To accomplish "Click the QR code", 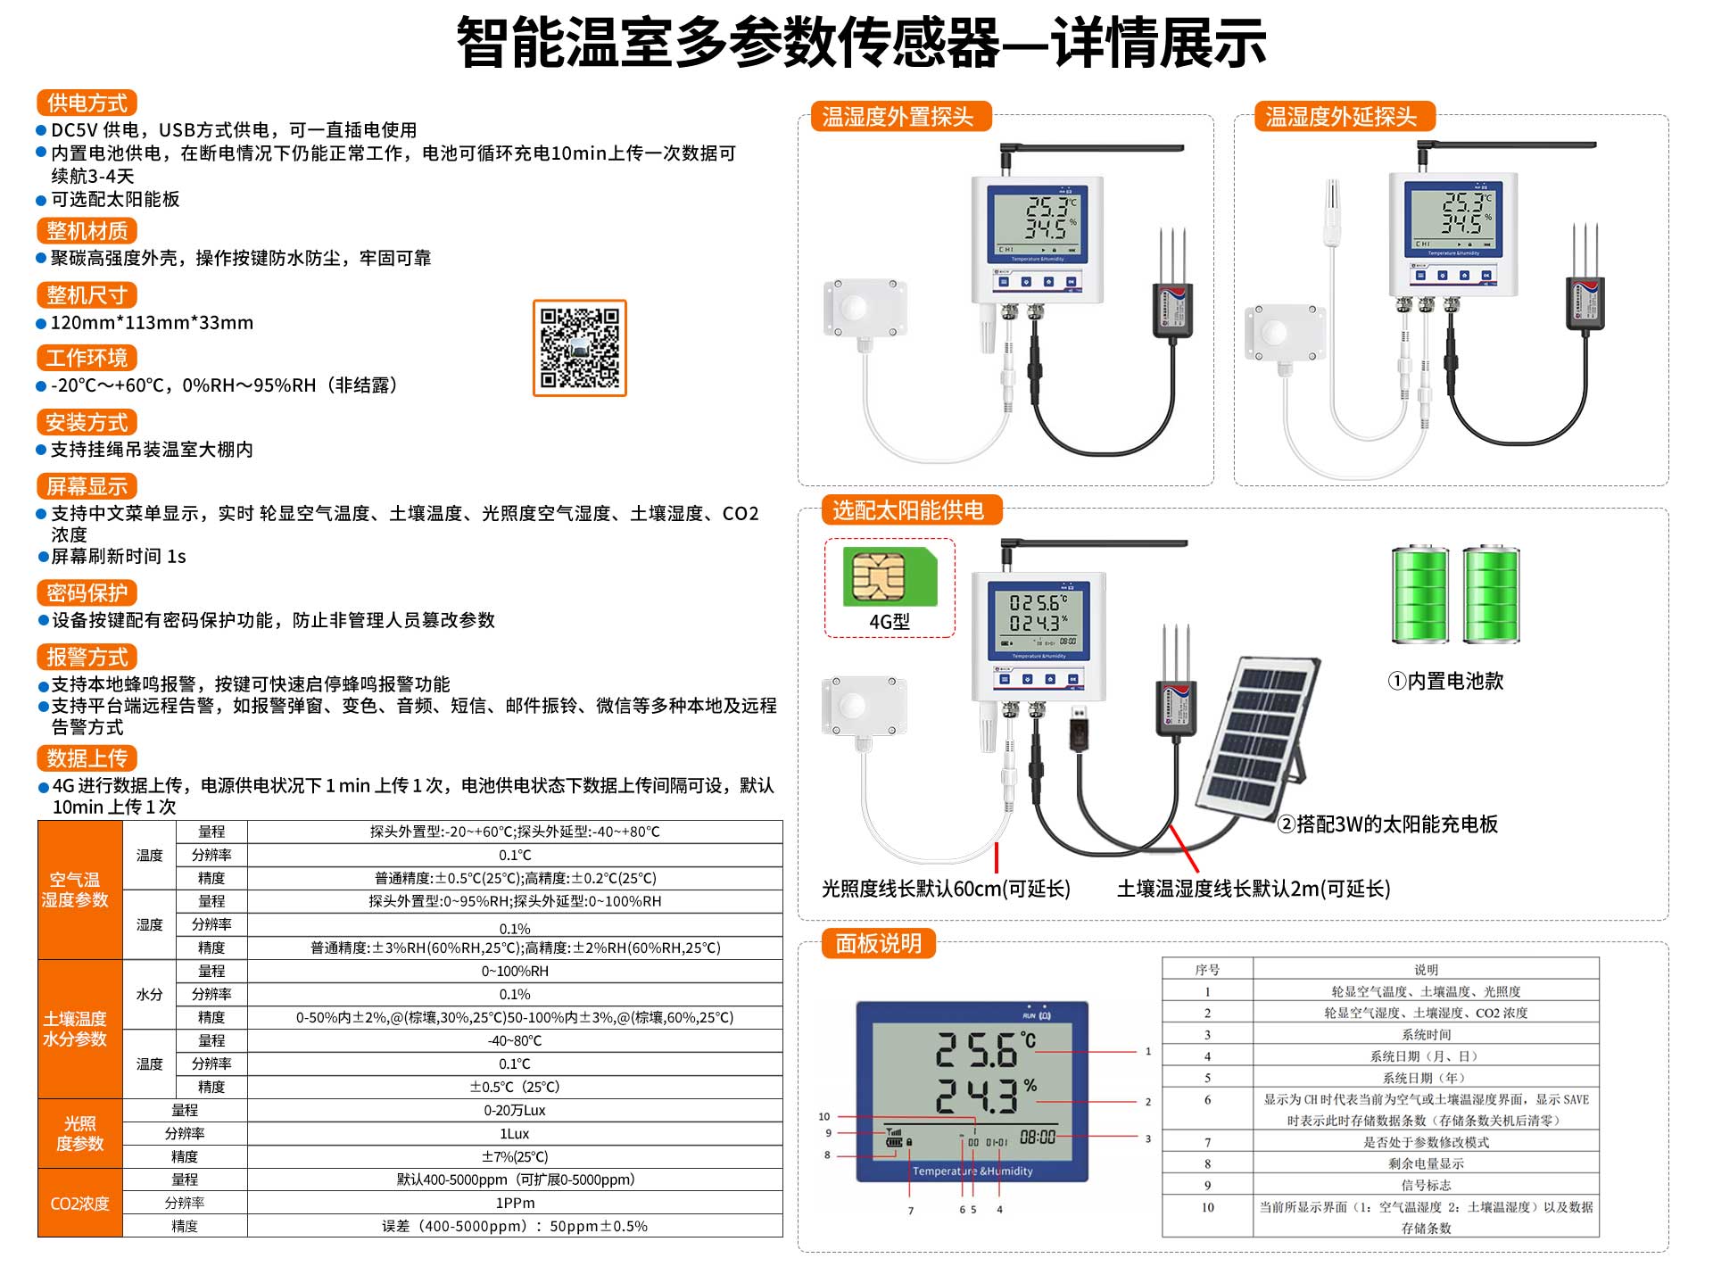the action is (580, 348).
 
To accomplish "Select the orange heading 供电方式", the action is (87, 103).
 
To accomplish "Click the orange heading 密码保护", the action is (87, 592).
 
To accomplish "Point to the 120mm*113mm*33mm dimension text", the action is (152, 323).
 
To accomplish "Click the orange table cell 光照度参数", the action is (80, 1133).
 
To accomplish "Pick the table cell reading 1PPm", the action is (515, 1203).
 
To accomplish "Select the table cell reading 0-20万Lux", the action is (515, 1110).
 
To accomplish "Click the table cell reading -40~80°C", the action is (515, 1040).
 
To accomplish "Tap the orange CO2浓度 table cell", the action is (80, 1203).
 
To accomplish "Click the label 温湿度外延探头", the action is (1341, 117).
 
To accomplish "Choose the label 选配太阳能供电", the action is (908, 510).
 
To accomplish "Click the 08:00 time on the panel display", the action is (1038, 1137).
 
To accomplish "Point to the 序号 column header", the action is (1207, 970).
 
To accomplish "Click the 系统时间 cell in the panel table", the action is (1426, 1035).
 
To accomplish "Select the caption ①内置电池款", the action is (1445, 682).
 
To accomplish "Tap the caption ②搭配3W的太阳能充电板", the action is (1387, 824).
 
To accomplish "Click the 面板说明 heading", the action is (879, 943).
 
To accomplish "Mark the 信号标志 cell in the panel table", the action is (1426, 1186).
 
